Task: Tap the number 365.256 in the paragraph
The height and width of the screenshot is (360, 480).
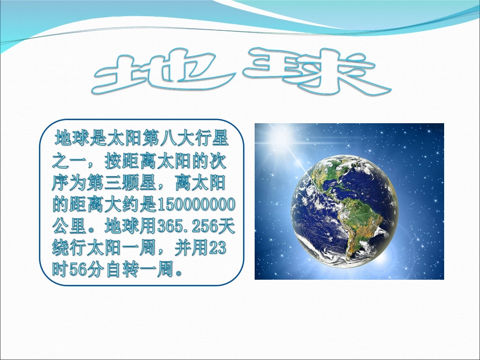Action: click(x=188, y=226)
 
